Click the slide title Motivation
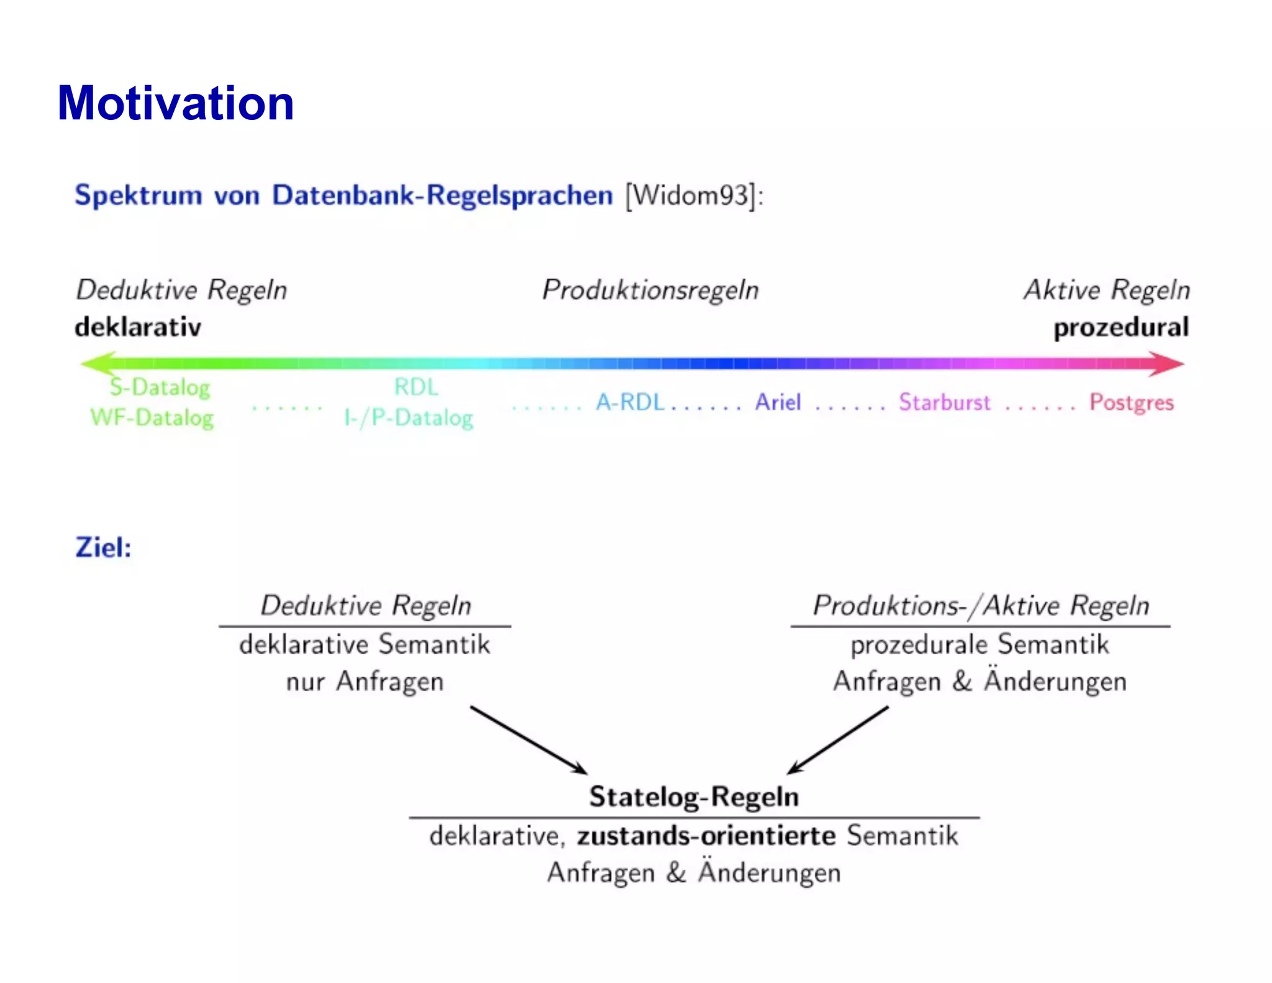176,103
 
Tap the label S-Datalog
160,388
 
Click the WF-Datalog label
152,418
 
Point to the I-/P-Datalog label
409,418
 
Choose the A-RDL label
630,403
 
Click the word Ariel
778,403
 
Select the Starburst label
944,403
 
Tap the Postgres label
1131,403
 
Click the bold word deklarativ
138,327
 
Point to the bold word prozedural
1121,327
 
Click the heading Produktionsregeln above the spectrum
650,290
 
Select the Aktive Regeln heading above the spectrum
1107,290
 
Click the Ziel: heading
103,547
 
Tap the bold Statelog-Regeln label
694,797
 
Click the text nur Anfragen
365,682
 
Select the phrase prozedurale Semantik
979,644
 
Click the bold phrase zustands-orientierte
706,836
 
